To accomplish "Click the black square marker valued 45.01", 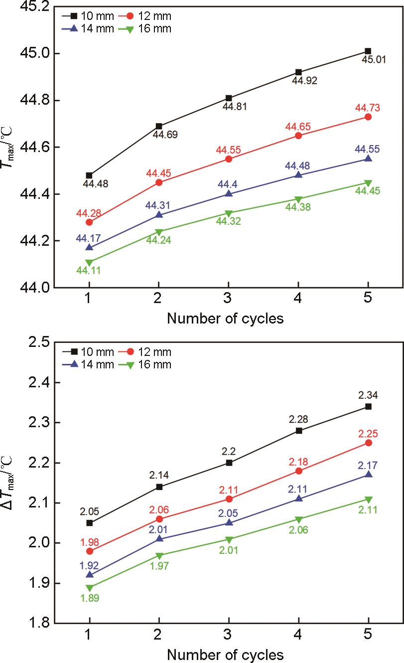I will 368,51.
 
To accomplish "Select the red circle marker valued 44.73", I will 368,117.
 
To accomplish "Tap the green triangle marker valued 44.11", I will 89,262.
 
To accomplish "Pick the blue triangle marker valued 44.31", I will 159,214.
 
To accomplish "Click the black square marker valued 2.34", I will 368,406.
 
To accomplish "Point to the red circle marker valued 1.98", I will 89,551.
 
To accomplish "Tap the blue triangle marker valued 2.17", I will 368,474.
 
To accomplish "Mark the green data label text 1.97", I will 159,566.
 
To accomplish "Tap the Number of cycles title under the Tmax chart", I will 225,318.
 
